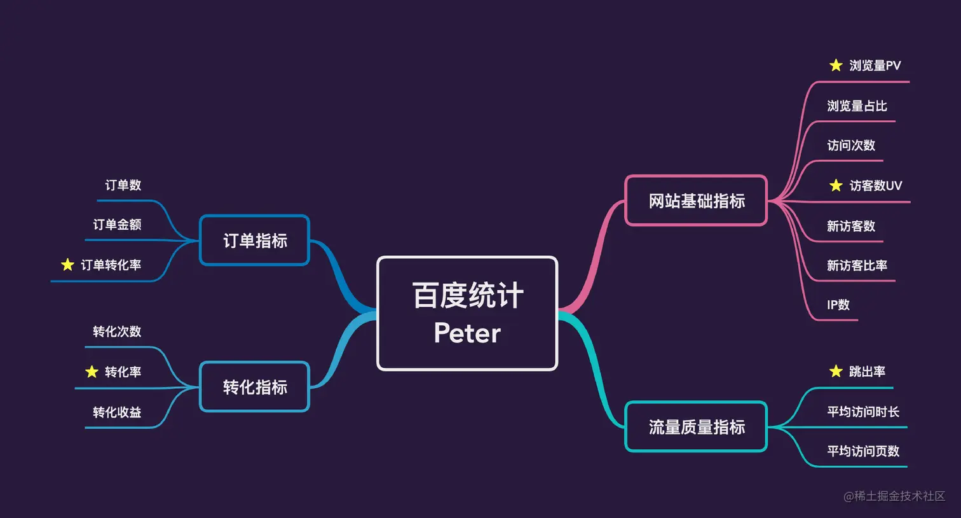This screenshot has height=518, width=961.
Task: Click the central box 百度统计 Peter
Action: coord(467,313)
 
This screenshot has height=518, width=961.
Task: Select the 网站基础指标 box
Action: coord(696,201)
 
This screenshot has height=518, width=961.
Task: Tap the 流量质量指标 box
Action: coord(696,427)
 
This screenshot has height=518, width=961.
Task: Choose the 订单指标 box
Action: coord(254,241)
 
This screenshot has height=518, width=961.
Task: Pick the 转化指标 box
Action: coord(254,387)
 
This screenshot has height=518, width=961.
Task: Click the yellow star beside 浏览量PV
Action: coord(836,65)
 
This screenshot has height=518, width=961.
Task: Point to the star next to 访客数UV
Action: coord(836,185)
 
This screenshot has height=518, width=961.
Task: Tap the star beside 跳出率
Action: coord(836,371)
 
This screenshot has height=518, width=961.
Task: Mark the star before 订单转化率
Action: coord(67,265)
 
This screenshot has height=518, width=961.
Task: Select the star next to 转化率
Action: coord(92,372)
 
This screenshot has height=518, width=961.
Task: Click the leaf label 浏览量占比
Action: coord(857,106)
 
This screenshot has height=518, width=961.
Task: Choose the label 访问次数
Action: coord(851,145)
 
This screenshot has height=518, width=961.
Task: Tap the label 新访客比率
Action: coord(857,265)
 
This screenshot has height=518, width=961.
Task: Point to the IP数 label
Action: coord(838,305)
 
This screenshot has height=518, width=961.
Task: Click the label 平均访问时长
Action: coord(862,412)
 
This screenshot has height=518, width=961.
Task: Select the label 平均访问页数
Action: coord(862,451)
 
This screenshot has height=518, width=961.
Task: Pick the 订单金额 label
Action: coord(117,225)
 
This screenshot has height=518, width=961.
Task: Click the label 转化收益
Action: coord(117,412)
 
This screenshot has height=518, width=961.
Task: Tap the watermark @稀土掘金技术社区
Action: coord(894,496)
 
